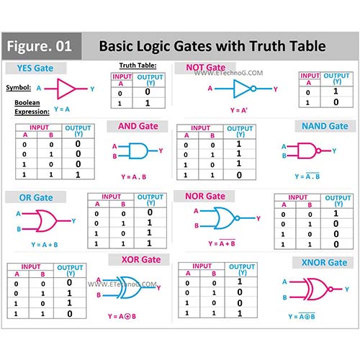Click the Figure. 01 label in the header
[x=39, y=46]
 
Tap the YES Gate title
[x=35, y=68]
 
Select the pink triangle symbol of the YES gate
[x=66, y=89]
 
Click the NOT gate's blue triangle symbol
[x=242, y=89]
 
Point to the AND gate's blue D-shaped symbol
[x=138, y=150]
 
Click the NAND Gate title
[x=325, y=126]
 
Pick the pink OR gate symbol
[x=47, y=221]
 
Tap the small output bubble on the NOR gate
[x=237, y=218]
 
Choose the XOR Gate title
[x=141, y=259]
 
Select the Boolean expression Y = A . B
[x=134, y=177]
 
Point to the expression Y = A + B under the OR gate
[x=45, y=245]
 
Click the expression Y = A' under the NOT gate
[x=239, y=110]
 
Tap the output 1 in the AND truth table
[x=78, y=174]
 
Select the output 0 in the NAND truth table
[x=239, y=175]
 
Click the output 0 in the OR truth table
[x=150, y=212]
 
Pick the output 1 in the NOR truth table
[x=336, y=213]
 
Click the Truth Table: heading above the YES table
[x=138, y=66]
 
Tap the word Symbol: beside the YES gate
[x=19, y=88]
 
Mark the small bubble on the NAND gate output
[x=318, y=151]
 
